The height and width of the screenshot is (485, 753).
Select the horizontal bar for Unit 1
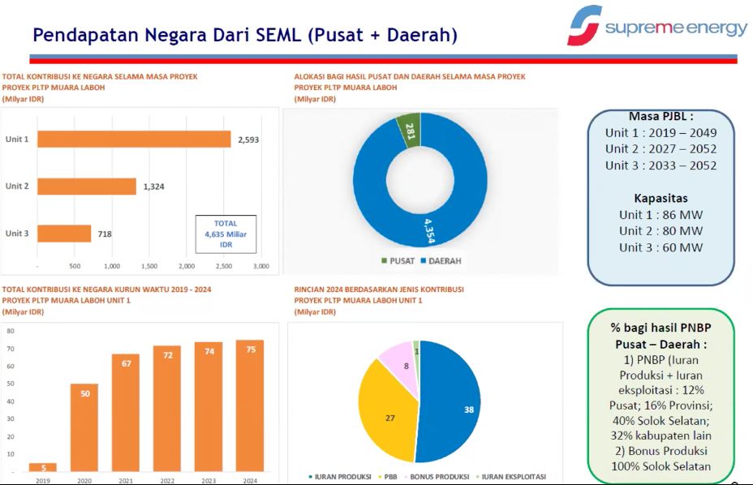(x=134, y=139)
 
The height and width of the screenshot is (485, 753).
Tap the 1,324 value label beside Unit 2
(x=154, y=187)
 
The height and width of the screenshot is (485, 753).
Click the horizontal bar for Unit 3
(x=64, y=234)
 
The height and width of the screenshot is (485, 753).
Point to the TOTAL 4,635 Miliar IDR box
(x=226, y=234)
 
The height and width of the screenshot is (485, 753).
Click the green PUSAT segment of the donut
(x=408, y=130)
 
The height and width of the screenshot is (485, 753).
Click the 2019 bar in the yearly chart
(x=43, y=467)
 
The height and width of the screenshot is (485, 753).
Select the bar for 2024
(x=250, y=406)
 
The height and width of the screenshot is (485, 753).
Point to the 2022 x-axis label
(x=167, y=481)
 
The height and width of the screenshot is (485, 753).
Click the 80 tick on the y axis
(x=11, y=331)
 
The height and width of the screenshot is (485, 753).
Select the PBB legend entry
(x=390, y=476)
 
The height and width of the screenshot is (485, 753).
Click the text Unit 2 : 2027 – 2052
(x=660, y=149)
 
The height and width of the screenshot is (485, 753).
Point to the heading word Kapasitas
(x=660, y=198)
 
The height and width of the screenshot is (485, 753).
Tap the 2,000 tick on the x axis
(x=187, y=266)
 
